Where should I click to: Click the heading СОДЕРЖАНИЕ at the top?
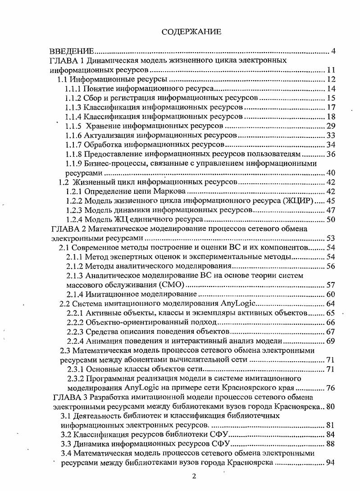191,32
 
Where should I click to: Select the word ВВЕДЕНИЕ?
72,51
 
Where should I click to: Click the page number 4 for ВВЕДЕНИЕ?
333,51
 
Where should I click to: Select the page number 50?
331,219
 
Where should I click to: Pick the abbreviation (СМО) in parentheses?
172,285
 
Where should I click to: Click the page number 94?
331,463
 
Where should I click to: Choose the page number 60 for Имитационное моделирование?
331,294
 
